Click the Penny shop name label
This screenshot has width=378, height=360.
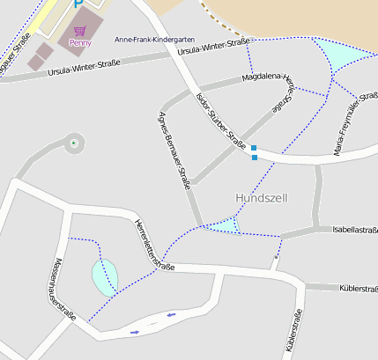click(80, 42)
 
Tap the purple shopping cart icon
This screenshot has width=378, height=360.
click(79, 31)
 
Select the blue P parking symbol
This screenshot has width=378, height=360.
click(78, 4)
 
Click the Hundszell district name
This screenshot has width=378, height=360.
click(262, 198)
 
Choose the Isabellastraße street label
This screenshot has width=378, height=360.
click(355, 229)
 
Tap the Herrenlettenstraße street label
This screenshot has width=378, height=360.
click(153, 245)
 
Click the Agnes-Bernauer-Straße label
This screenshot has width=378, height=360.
click(174, 152)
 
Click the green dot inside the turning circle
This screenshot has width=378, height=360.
click(73, 143)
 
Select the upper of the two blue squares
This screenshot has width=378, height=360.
click(254, 148)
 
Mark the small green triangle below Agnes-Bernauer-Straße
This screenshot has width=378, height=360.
click(225, 227)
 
